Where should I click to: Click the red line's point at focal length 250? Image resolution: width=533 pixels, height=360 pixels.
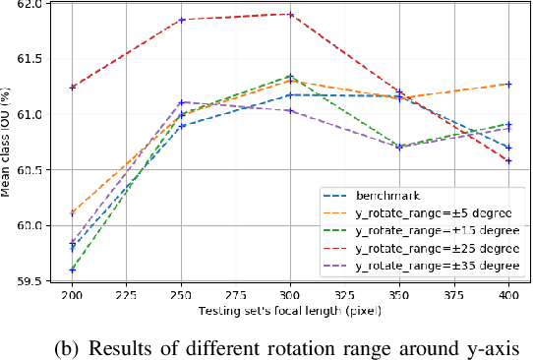click(182, 20)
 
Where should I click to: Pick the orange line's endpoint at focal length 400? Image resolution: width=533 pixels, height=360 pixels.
click(508, 84)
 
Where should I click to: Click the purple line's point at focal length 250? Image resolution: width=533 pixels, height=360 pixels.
click(182, 101)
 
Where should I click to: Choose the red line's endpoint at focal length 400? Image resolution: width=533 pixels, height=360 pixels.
click(508, 161)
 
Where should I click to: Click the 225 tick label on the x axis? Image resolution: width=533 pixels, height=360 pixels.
click(128, 296)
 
